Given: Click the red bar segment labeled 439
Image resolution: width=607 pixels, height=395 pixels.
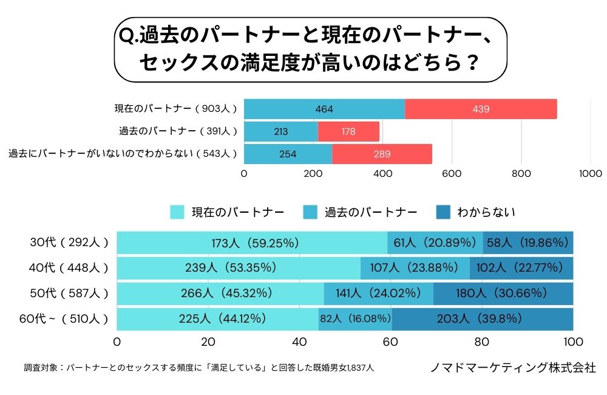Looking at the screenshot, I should [x=481, y=109].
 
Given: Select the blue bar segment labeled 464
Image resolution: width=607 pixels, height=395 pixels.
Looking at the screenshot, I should [x=324, y=109].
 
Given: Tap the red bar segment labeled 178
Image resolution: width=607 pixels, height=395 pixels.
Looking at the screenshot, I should [x=348, y=131].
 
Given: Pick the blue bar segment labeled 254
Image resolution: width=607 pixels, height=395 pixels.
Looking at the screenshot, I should [x=288, y=154].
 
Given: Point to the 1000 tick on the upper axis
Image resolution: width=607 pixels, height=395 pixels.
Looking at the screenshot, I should [x=591, y=173].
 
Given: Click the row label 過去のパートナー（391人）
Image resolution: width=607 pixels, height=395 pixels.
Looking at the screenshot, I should [x=178, y=131].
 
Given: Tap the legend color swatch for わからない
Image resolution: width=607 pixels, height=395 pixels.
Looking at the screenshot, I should [x=443, y=212].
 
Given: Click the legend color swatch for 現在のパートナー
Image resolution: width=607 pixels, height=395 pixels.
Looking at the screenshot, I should [x=177, y=212].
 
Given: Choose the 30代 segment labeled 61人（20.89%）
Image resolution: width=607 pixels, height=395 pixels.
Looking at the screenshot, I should [x=435, y=243].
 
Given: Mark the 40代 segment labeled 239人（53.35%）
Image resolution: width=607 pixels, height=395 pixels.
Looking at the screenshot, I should [x=239, y=267].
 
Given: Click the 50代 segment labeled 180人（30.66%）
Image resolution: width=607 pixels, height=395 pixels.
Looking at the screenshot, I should [x=503, y=293].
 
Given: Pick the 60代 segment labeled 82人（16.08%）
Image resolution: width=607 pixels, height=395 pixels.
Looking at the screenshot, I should [x=355, y=318].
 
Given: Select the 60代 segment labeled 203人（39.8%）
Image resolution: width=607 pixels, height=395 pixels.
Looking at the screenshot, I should [x=483, y=318].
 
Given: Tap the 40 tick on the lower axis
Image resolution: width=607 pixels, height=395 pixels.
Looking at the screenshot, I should [x=299, y=340].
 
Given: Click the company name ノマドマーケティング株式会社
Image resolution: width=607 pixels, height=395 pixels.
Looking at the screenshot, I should [x=512, y=368].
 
